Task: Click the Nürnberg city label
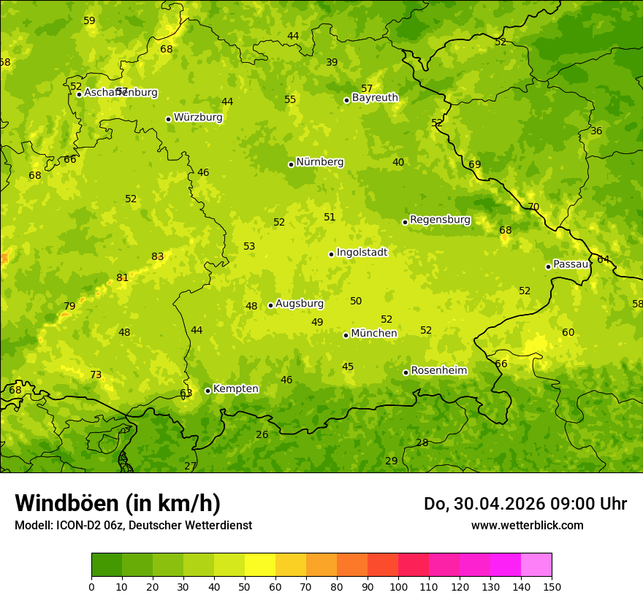319,162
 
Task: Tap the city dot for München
346,335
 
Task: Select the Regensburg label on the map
440,220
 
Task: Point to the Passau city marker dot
548,266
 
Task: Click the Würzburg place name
198,118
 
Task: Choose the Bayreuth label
375,98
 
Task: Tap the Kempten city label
235,389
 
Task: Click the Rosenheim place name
438,371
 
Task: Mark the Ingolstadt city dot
331,254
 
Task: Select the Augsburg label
299,304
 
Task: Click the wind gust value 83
158,257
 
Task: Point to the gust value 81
122,278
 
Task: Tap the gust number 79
69,307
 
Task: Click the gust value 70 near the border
533,207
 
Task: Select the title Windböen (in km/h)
118,503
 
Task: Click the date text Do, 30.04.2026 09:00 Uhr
525,504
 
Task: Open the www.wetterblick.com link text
527,526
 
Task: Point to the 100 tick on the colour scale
398,586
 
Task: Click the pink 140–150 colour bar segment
536,565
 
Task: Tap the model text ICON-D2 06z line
133,526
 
